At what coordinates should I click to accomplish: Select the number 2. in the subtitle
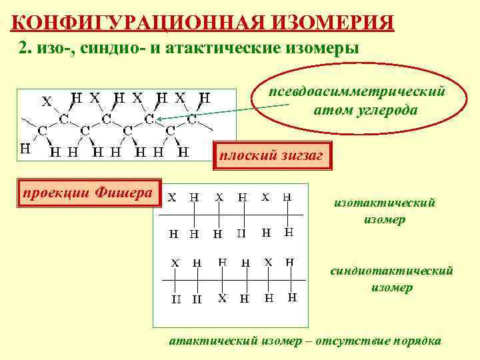coord(24,48)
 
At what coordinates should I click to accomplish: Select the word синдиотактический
coord(392,271)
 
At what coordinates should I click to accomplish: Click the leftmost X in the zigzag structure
coord(47,101)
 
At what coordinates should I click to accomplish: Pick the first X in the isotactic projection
coord(172,197)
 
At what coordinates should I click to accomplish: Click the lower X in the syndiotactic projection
coord(223,298)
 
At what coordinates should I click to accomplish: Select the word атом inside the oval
coord(329,109)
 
